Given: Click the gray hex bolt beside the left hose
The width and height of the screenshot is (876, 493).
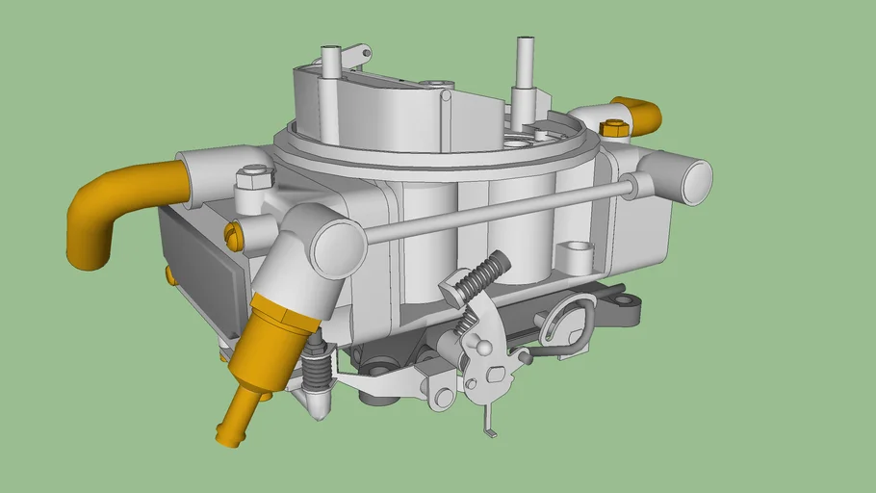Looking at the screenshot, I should pos(254,176).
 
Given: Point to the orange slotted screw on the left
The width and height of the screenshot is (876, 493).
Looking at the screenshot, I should pos(232,232).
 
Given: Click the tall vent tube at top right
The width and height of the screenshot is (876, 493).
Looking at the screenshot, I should pos(526,72).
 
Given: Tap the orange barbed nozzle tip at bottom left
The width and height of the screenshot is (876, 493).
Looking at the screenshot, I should pos(231,424).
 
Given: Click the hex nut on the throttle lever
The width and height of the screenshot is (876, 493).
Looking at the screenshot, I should pos(495,374).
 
